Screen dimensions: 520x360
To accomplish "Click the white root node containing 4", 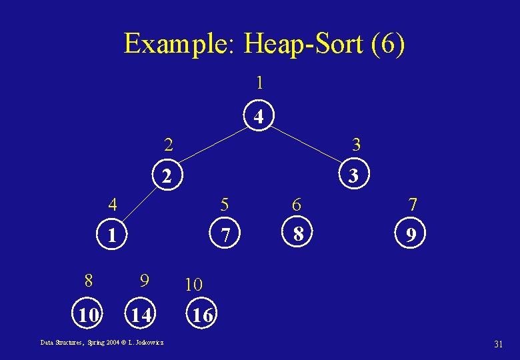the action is tap(260, 117).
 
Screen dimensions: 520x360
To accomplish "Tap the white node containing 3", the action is tap(354, 177).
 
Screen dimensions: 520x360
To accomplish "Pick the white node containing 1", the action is tap(113, 235).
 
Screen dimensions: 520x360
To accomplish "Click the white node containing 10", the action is tap(89, 314).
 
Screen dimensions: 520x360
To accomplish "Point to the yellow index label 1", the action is tap(260, 83).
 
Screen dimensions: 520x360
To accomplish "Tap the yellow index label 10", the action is tap(193, 285).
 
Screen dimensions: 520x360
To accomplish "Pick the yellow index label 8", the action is tap(88, 281).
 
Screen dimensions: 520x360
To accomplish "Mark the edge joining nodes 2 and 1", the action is tap(141, 205).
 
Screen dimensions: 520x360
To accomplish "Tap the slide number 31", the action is tap(497, 344).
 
